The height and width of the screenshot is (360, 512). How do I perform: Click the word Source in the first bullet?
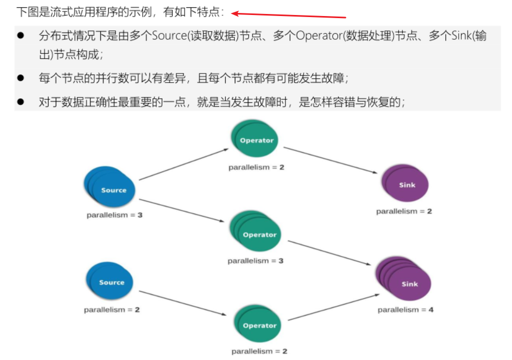coord(169,36)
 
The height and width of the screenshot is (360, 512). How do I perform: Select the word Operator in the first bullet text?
coord(317,36)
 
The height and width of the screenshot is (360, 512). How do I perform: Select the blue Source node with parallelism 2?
coord(110,282)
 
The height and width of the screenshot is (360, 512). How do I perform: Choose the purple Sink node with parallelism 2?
coord(406,185)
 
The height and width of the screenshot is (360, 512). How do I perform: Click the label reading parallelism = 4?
coord(405,310)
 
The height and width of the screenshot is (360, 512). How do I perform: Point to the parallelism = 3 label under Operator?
coord(255,261)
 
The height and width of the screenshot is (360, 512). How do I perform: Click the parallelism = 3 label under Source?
coord(114,215)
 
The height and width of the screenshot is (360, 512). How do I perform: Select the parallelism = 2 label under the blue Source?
coord(112,310)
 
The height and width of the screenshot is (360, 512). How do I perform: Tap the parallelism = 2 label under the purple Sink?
coord(404,211)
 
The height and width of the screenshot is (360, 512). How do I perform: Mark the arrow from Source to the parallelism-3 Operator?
coord(184,211)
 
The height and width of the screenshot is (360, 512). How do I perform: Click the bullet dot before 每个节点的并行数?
coord(21,78)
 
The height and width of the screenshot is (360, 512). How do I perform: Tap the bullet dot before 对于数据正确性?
coord(21,102)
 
